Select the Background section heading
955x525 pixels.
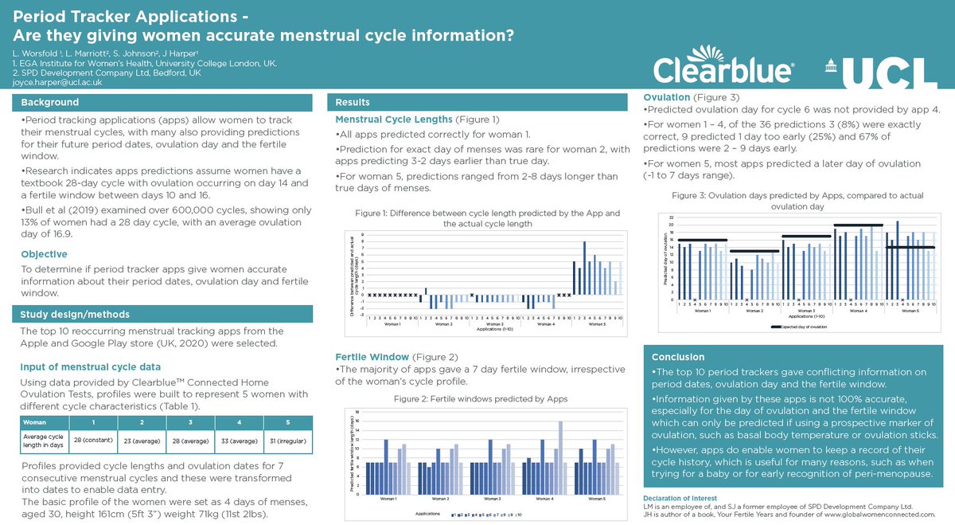pos(49,103)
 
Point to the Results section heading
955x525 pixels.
pos(352,103)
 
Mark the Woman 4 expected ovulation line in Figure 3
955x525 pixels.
pos(858,225)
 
